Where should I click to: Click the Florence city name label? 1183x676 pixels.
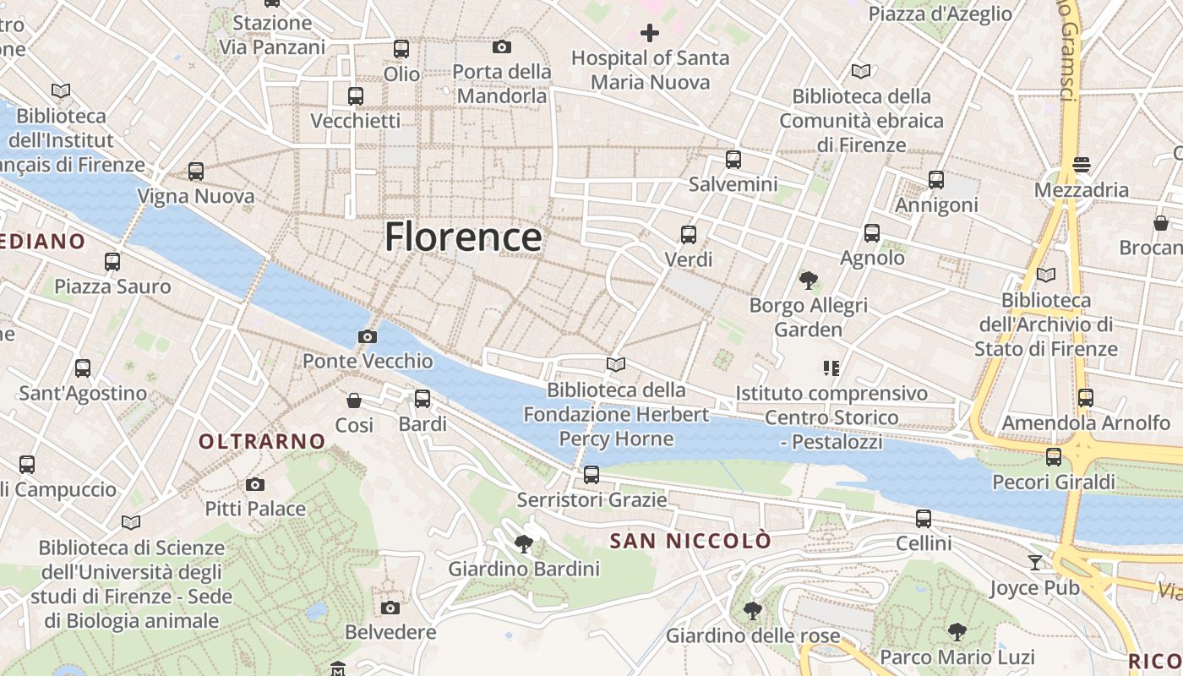[463, 237]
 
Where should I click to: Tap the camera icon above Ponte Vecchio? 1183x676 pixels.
[367, 336]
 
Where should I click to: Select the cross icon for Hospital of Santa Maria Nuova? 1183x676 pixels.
[649, 33]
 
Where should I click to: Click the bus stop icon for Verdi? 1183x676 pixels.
[689, 235]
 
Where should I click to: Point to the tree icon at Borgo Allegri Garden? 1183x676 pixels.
[808, 280]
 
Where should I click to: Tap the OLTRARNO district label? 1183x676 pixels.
[262, 441]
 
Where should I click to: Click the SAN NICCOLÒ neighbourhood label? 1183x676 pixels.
[690, 541]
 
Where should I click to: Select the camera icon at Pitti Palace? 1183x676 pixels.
[254, 484]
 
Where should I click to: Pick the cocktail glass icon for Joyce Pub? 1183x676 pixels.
[1035, 562]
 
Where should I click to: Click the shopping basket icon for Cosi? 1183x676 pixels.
[354, 400]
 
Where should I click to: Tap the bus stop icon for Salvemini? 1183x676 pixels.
[733, 159]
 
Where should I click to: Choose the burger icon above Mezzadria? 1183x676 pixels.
[1082, 164]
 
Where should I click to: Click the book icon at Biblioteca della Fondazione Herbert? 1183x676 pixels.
[616, 364]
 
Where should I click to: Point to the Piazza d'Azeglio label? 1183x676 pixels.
[940, 14]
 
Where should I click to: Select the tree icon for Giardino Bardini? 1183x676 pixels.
[523, 543]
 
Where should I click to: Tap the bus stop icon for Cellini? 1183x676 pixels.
[924, 518]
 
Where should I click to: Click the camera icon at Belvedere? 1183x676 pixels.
[390, 608]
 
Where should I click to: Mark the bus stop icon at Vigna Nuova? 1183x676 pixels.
[196, 172]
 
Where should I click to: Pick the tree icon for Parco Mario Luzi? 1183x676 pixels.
[957, 631]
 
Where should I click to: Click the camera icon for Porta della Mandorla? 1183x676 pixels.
[502, 46]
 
